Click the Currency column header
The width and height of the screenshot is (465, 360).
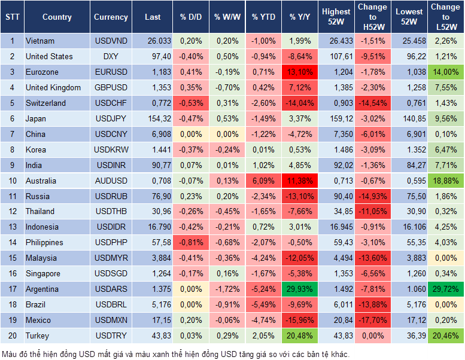click(111, 17)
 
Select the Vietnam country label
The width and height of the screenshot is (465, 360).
click(40, 41)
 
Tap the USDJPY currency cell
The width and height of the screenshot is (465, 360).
click(111, 118)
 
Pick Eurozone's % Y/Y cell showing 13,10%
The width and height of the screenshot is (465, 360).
click(301, 72)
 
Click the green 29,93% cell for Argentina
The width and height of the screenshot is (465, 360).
click(301, 289)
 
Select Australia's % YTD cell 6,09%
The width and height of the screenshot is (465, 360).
click(263, 181)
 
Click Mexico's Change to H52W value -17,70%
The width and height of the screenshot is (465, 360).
click(373, 320)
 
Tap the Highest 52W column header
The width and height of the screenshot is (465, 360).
click(336, 17)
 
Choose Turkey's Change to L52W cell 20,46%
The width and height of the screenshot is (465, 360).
click(446, 335)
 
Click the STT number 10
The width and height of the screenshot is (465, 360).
click(12, 181)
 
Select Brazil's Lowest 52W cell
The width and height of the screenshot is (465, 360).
click(411, 304)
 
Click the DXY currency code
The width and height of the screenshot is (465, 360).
click(111, 57)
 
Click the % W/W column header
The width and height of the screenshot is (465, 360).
click(227, 17)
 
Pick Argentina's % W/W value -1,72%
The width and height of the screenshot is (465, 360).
click(227, 289)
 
